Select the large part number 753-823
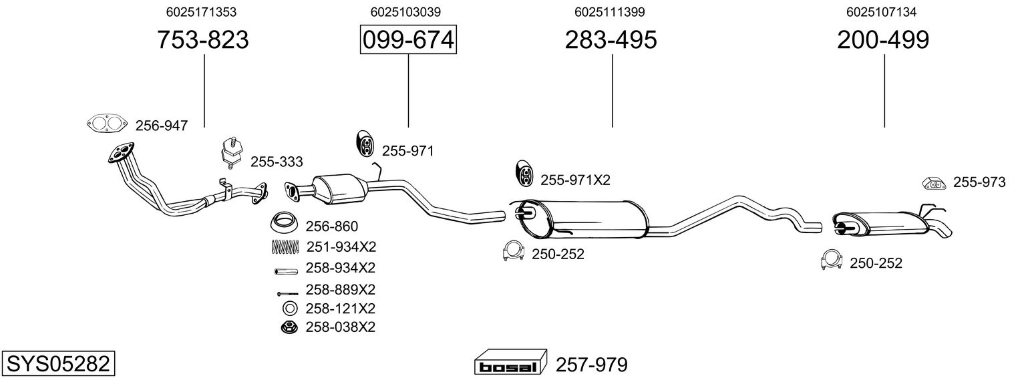click(x=202, y=40)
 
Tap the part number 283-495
click(x=611, y=40)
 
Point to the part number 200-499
click(x=882, y=40)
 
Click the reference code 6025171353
click(x=201, y=12)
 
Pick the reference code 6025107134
click(x=881, y=12)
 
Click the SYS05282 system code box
click(x=57, y=364)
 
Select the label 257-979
click(x=591, y=365)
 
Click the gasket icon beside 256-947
click(x=107, y=124)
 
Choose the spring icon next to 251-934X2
click(x=285, y=246)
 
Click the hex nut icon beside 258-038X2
click(x=290, y=327)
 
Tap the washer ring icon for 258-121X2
click(x=290, y=309)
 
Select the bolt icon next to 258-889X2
click(x=287, y=293)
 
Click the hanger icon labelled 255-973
click(x=933, y=183)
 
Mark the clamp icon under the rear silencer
click(x=832, y=261)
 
